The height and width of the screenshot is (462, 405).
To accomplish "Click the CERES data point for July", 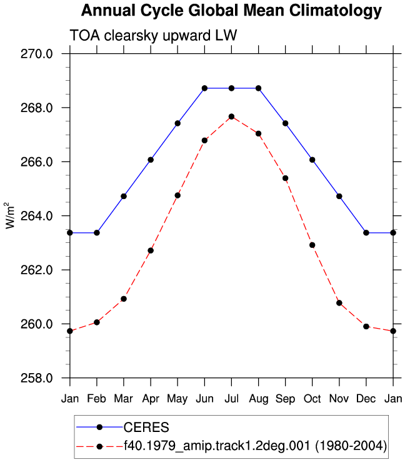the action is tap(231, 88).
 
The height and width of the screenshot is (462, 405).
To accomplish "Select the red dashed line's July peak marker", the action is tap(231, 116).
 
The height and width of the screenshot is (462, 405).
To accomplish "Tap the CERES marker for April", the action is tap(151, 160).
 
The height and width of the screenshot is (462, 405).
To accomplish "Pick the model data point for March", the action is tap(124, 299).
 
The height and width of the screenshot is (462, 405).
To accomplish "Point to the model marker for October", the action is tap(312, 245).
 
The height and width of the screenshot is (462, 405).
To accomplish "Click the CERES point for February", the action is tap(97, 233).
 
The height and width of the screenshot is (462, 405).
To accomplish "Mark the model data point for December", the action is tap(366, 326).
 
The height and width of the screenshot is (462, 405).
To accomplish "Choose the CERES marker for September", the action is tap(285, 123).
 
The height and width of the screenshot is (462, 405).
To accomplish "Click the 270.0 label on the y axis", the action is tap(36, 54).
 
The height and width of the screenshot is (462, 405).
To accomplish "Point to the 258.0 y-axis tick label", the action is tap(36, 378).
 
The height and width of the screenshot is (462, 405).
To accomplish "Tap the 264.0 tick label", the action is tap(36, 216).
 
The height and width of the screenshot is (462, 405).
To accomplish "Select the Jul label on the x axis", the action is tap(231, 399).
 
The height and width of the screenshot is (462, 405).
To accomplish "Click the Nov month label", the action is tap(339, 399).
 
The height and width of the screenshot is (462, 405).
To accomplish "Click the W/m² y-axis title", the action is tap(10, 215).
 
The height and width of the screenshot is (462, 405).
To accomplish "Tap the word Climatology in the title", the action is tap(335, 11).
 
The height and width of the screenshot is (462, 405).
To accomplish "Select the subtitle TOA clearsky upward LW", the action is tap(153, 35).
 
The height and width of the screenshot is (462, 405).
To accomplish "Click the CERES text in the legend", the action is tap(146, 427).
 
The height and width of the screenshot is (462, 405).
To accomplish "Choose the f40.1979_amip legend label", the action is tap(255, 446).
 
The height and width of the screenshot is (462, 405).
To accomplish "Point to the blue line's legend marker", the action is tap(100, 427).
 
